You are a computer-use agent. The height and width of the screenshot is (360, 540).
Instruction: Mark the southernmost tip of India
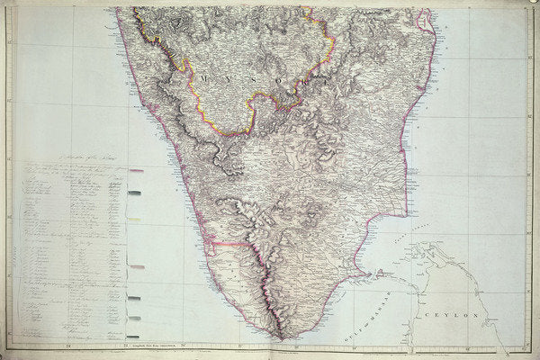coord(282,338)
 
